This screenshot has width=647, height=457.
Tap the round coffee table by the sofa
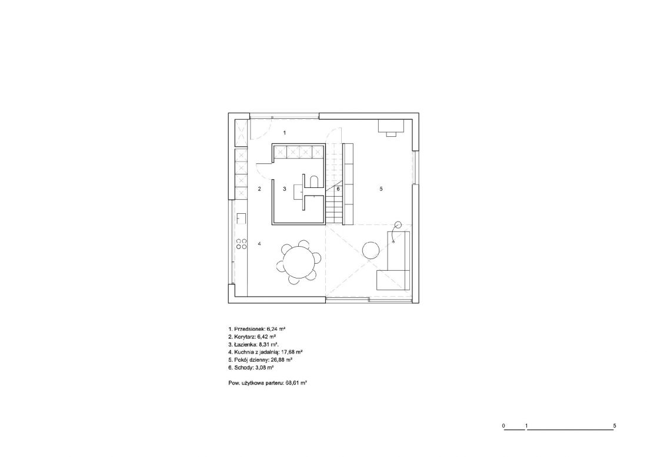coord(371,250)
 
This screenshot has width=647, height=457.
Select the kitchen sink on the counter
coord(241,218)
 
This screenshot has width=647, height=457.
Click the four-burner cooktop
coord(241,244)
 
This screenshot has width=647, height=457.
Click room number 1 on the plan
coord(284,132)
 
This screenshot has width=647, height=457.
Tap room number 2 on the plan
coord(259,189)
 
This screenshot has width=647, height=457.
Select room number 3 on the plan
coord(284,189)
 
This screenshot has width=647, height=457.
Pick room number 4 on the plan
coord(259,244)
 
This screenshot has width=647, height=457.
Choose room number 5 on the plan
coord(381,189)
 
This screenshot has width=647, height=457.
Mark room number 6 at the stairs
coord(338,189)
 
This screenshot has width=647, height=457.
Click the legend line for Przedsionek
coord(257,330)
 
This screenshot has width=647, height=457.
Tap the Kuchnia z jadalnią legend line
coord(266,352)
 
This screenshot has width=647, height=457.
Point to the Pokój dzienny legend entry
coord(261,359)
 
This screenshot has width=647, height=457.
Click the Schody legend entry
coord(251,367)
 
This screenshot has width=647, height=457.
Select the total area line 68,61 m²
coord(268,383)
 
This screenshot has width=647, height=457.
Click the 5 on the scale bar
coord(615,426)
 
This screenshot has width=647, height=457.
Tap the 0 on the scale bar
coord(503,426)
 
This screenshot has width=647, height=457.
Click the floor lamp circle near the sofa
coord(398,225)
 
